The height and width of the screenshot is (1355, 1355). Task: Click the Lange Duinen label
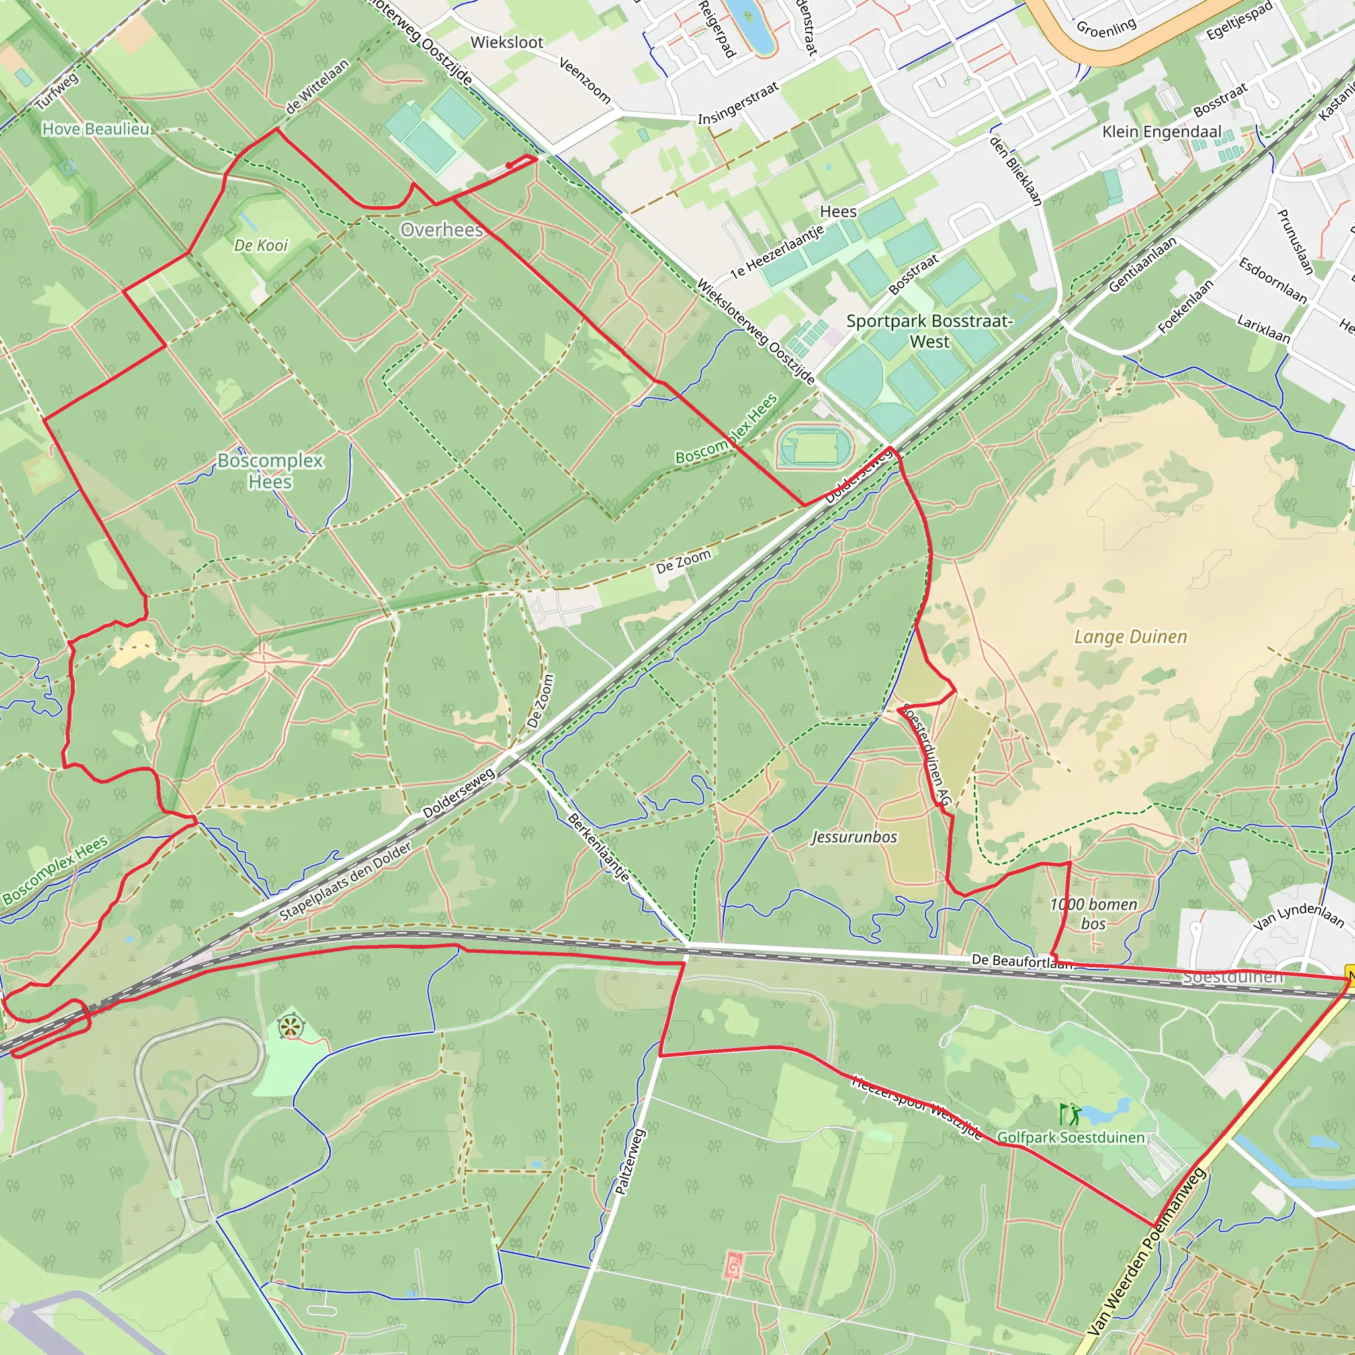coord(1131,637)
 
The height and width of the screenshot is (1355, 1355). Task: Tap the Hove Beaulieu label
coord(96,129)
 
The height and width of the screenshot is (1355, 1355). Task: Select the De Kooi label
coord(261,245)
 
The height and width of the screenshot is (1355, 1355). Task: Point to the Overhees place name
coord(442,230)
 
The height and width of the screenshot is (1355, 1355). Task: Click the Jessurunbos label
coord(854,837)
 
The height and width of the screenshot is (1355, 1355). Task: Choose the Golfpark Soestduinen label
coord(1071,1137)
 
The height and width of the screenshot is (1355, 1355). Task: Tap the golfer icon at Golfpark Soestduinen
coord(1071,1114)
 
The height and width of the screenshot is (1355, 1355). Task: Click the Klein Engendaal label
coord(1161,132)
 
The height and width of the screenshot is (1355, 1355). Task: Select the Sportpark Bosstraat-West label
coord(930,331)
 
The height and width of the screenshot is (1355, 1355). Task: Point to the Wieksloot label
coord(506,42)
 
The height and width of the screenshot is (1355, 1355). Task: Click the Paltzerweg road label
coord(629,1161)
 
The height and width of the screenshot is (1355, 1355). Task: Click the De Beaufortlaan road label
coord(1021,961)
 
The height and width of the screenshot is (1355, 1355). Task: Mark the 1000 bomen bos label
coord(1093,914)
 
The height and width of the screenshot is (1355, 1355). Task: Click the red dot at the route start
coord(509,165)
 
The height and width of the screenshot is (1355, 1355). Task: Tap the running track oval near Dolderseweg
coord(814,447)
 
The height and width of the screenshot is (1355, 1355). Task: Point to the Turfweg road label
coord(57,91)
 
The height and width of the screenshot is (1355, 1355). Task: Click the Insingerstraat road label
coord(738,103)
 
